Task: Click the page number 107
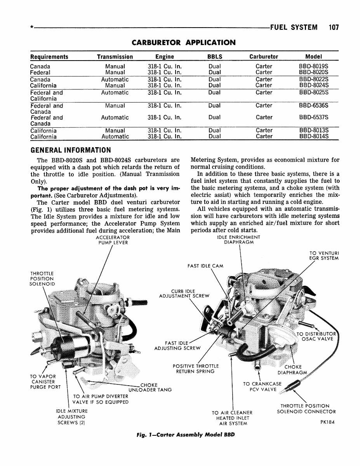[333, 28]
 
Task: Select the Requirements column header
[49, 57]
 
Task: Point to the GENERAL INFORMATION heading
[70, 150]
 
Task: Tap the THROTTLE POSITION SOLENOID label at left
[42, 278]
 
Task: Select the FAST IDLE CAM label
[205, 266]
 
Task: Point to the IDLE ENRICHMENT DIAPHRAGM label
[239, 240]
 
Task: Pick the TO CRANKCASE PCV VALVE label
[263, 387]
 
